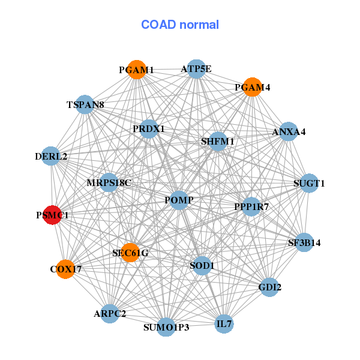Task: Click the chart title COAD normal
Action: [x=180, y=25]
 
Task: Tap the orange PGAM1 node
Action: [x=137, y=70]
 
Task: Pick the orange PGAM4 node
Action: [x=253, y=87]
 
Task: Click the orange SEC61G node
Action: [x=130, y=253]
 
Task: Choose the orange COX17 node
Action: [x=65, y=269]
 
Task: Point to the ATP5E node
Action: [x=196, y=69]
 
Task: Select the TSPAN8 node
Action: [x=85, y=105]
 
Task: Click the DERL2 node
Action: [x=52, y=157]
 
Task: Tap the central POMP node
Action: [x=179, y=199]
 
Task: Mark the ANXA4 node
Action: [x=289, y=131]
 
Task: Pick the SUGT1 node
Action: [x=308, y=183]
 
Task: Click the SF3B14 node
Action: [x=304, y=243]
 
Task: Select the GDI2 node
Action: [x=269, y=287]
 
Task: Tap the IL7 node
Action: [x=224, y=325]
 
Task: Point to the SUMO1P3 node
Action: [x=166, y=327]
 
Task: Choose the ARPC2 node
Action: [x=110, y=313]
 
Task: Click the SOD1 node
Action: [x=202, y=265]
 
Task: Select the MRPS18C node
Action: [x=109, y=182]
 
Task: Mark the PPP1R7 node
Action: [x=251, y=207]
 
